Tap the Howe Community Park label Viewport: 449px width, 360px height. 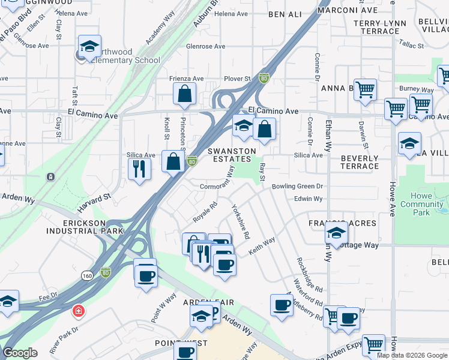(422, 204)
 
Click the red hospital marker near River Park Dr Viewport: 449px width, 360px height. (77, 311)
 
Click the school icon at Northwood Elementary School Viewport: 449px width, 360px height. (89, 46)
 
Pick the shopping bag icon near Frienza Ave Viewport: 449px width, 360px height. (184, 93)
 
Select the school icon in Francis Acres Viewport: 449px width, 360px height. (337, 232)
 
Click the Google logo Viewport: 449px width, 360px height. (20, 353)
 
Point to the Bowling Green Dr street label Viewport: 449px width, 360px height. (297, 187)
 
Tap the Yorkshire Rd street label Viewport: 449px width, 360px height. (240, 221)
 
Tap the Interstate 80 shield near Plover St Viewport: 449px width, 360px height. (264, 78)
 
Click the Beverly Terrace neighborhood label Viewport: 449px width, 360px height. (360, 162)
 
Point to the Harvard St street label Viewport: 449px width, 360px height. (94, 202)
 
